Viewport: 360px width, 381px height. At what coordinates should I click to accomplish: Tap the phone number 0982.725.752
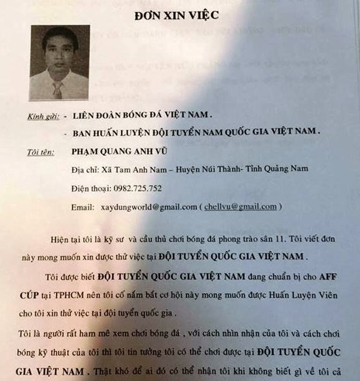(x=137, y=188)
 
